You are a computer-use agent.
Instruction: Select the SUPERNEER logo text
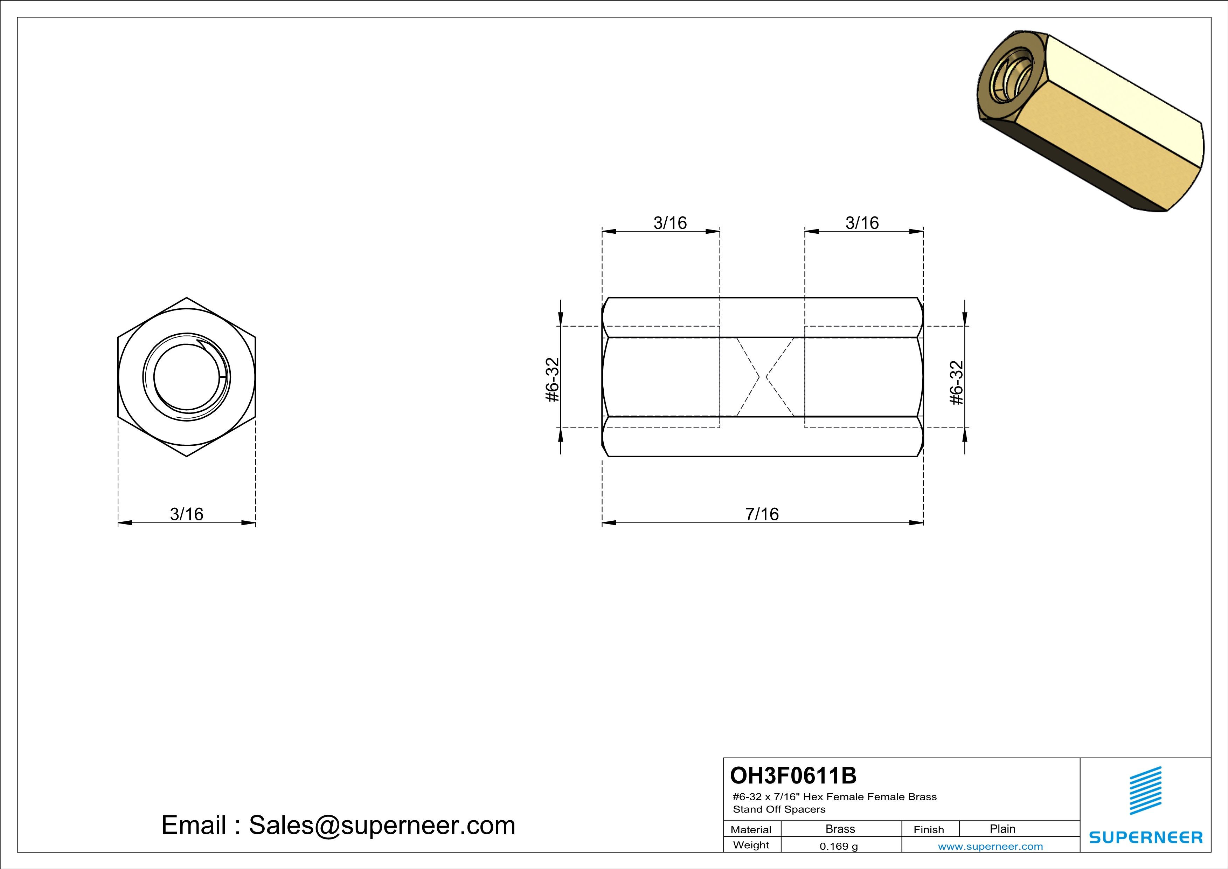click(x=1146, y=837)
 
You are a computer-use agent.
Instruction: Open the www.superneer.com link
click(x=990, y=847)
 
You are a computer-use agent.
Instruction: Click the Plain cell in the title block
click(x=1002, y=829)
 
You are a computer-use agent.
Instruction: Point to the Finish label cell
click(x=929, y=829)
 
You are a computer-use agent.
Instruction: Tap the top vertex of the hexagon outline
click(x=187, y=297)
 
